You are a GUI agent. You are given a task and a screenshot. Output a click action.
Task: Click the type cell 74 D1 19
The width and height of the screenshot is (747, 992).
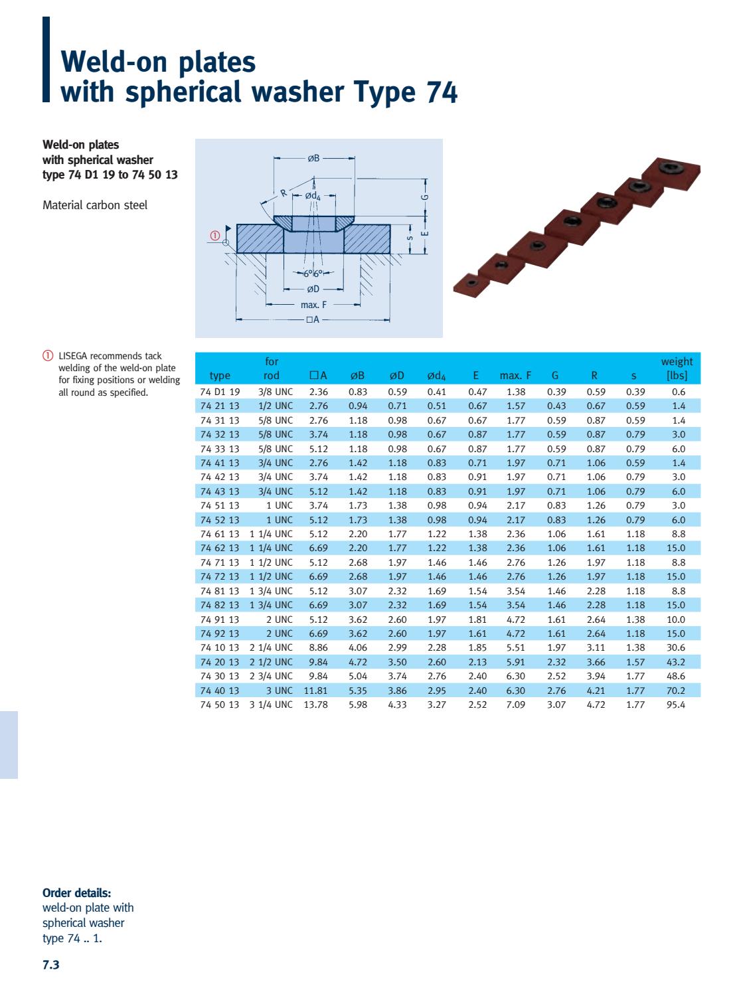pos(220,392)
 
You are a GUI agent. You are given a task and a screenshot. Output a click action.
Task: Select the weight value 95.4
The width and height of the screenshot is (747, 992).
pos(675,704)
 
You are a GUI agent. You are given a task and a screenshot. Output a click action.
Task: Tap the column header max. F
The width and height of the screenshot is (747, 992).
pos(515,375)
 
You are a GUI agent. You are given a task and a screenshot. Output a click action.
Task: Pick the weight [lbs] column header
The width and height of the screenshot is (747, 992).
pos(676,369)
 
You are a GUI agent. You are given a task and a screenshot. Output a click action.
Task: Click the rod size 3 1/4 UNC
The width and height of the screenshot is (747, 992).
pos(271,704)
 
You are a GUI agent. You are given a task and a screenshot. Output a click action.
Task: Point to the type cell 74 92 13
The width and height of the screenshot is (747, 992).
pos(220,633)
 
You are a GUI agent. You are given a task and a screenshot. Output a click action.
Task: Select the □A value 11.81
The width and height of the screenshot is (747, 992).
pos(316,691)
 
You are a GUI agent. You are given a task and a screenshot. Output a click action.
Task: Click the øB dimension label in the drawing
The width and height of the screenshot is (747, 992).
pos(313,158)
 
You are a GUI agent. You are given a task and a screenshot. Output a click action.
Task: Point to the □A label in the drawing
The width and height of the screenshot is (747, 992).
pos(313,319)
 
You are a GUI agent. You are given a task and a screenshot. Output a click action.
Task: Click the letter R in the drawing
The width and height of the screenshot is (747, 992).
pos(283,193)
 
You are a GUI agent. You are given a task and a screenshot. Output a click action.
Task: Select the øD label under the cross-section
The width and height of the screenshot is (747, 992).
pos(313,289)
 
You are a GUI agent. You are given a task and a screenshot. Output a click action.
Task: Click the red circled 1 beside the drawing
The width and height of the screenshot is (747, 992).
pos(214,235)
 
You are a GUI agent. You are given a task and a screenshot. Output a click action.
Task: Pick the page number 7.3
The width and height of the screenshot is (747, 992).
pos(51,965)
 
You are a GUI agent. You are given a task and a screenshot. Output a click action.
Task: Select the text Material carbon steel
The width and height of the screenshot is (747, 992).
pos(95,205)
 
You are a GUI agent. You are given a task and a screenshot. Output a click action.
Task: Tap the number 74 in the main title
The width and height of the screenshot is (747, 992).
pos(440,92)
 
